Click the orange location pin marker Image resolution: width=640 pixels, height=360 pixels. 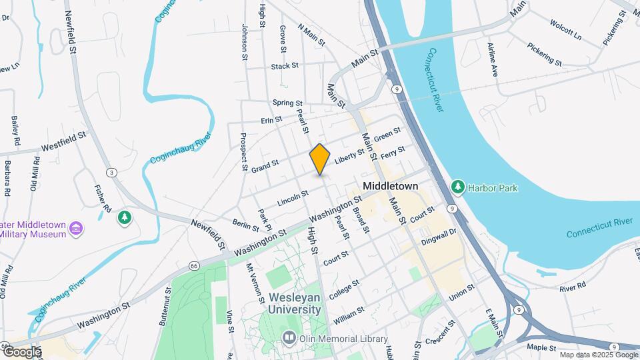[320, 159]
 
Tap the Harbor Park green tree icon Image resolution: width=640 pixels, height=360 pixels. [457, 186]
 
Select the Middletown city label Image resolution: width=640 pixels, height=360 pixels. [390, 186]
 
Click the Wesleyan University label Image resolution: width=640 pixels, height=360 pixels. [294, 303]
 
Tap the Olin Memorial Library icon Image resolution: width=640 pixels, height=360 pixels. [289, 338]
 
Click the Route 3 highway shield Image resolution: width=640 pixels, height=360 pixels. [112, 173]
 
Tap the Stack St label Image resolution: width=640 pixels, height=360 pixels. [285, 67]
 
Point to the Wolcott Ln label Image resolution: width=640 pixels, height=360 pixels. [565, 29]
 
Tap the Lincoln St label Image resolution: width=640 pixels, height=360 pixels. [293, 197]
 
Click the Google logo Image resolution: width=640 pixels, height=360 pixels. [22, 352]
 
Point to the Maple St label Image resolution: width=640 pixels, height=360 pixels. [541, 348]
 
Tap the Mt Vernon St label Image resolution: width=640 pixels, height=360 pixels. [251, 280]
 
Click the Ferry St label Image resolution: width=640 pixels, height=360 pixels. [393, 153]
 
